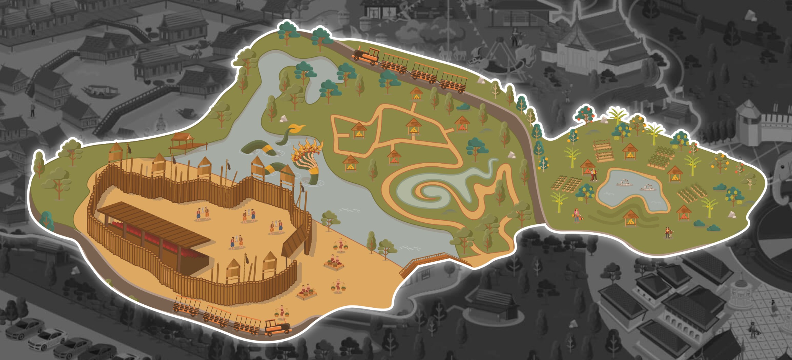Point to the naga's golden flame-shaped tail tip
[x=296, y=129]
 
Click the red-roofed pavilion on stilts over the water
[x=183, y=141]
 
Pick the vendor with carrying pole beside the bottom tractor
[x=282, y=313]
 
